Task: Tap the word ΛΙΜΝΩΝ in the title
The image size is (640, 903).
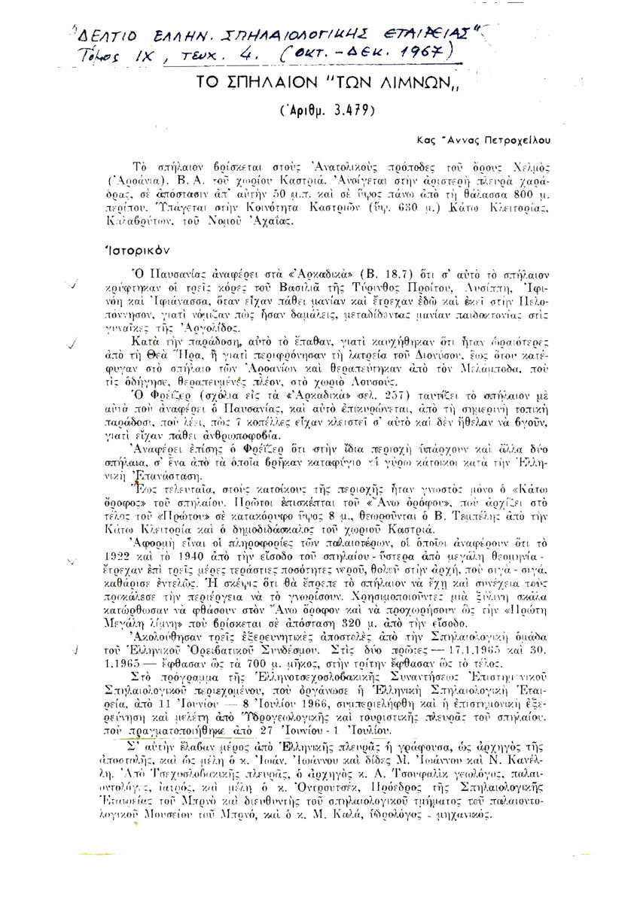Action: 349,83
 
